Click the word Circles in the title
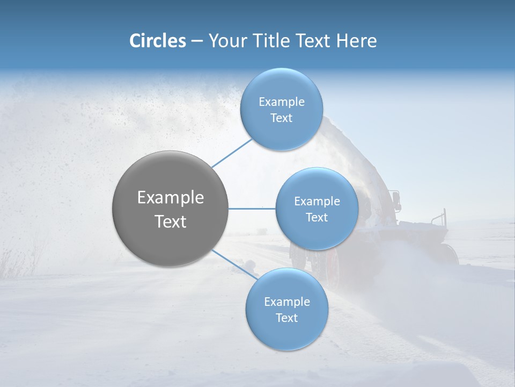point(157,41)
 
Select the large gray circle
point(170,209)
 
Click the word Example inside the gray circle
point(170,197)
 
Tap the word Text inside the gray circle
point(170,221)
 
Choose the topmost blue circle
point(281,109)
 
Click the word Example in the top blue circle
point(281,102)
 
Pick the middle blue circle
point(317,209)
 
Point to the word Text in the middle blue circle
point(317,217)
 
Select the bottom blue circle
point(286,309)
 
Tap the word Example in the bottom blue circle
point(286,302)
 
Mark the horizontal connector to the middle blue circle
point(252,208)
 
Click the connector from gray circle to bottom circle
point(233,264)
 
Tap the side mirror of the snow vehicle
point(396,200)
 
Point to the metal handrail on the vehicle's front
point(440,217)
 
